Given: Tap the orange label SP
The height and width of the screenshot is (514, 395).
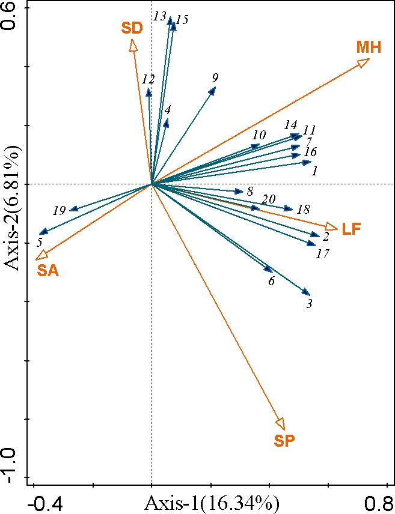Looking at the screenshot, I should [x=284, y=441].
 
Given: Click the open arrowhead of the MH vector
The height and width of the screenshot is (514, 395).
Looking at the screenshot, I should [x=363, y=62].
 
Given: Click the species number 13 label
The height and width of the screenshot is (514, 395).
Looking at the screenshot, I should [x=159, y=16].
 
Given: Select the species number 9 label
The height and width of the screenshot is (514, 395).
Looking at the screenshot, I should [x=215, y=77].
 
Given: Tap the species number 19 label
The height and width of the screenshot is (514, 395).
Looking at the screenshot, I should [x=59, y=211].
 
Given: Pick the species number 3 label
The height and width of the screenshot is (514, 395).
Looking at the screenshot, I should [x=309, y=304].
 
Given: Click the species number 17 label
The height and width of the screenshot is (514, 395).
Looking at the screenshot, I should [x=323, y=254].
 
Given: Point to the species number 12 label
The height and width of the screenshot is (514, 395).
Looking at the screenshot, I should [x=149, y=79].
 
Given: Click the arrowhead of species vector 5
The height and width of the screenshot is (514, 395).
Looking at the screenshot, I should [x=43, y=232].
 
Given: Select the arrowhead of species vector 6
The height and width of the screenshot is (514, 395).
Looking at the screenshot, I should [x=269, y=270].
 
